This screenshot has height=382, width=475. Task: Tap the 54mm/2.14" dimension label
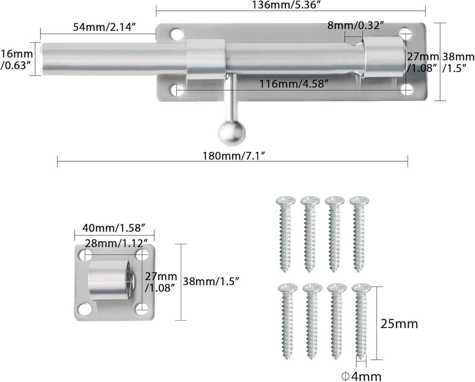click(x=104, y=27)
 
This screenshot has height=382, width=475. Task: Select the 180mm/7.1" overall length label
click(x=233, y=156)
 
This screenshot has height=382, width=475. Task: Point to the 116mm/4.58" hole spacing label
click(x=294, y=84)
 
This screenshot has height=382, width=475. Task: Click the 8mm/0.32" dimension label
click(x=355, y=26)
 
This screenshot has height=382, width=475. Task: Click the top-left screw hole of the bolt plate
click(x=177, y=33)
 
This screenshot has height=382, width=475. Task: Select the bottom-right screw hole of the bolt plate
click(x=407, y=89)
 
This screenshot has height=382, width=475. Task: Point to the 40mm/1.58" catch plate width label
click(x=114, y=227)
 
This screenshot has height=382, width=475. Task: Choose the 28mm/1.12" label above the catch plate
click(x=116, y=243)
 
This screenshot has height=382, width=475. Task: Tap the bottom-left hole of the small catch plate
click(x=84, y=308)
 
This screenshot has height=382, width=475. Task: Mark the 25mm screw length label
click(x=399, y=324)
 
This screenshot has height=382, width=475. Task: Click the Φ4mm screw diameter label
click(x=362, y=376)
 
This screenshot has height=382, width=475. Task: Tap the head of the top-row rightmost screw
click(x=359, y=200)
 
